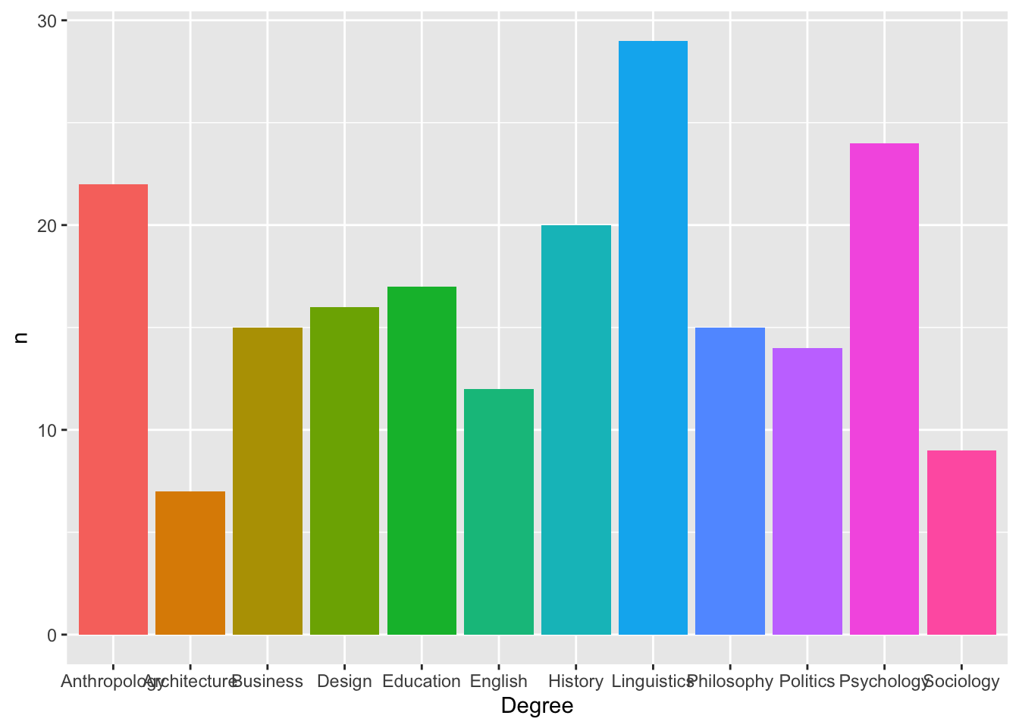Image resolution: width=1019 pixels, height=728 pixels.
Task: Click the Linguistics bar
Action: pyautogui.click(x=653, y=337)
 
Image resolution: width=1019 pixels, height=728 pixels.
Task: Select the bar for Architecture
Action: pyautogui.click(x=190, y=563)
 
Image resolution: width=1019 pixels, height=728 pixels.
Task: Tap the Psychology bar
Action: pyautogui.click(x=884, y=388)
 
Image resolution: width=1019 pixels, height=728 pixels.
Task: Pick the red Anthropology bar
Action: pyautogui.click(x=113, y=409)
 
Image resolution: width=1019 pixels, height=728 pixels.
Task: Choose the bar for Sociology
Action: pyautogui.click(x=961, y=542)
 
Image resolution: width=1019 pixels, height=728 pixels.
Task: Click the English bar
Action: pyautogui.click(x=499, y=512)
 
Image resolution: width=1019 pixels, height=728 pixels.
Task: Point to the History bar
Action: pyautogui.click(x=576, y=430)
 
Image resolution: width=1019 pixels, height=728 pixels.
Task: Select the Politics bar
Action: pyautogui.click(x=807, y=491)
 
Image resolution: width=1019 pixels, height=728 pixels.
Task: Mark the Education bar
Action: pyautogui.click(x=422, y=460)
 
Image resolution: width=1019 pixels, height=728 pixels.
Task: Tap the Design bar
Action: pyautogui.click(x=344, y=471)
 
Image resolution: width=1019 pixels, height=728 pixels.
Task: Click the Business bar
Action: pyautogui.click(x=268, y=481)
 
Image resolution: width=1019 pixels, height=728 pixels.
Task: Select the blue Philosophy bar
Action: pyautogui.click(x=730, y=481)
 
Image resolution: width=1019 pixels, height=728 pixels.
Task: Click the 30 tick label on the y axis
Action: pyautogui.click(x=47, y=21)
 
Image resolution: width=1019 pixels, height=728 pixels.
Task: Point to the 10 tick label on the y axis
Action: pyautogui.click(x=47, y=431)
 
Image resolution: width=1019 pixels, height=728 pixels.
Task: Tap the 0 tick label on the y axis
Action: pyautogui.click(x=52, y=635)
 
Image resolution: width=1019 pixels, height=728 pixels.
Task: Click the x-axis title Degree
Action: pyautogui.click(x=537, y=707)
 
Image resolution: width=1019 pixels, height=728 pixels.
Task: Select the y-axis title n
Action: pyautogui.click(x=20, y=337)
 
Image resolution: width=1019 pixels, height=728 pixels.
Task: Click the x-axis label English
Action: pyautogui.click(x=499, y=682)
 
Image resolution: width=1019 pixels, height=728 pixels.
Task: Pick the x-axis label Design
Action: pyautogui.click(x=344, y=682)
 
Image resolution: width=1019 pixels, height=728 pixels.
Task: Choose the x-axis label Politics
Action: pyautogui.click(x=807, y=682)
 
